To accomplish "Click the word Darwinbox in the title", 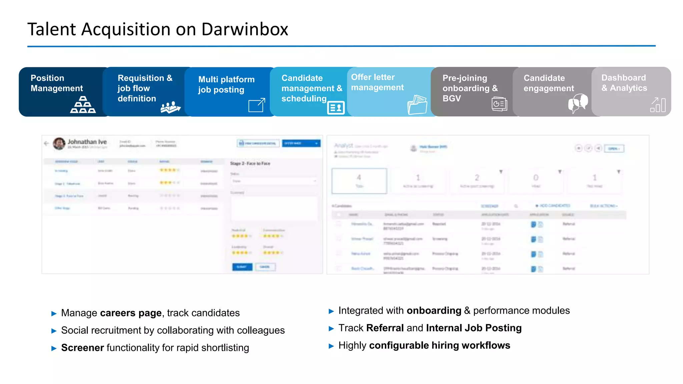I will [x=244, y=29].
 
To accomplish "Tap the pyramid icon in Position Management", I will [x=83, y=105].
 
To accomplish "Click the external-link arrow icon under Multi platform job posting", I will [x=257, y=105].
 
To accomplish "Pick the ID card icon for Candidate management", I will [x=335, y=108].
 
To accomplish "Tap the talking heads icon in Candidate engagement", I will [x=578, y=103].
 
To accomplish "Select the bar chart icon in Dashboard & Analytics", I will [x=658, y=105].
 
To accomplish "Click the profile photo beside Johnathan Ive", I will [x=59, y=144].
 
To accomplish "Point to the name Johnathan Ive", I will [x=87, y=142].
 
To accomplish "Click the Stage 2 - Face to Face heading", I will [x=250, y=163].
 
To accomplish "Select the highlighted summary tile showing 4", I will [x=359, y=181].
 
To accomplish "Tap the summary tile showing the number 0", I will [x=536, y=181].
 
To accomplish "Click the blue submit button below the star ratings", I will [x=242, y=267].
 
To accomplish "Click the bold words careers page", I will [x=131, y=313].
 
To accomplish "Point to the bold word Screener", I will [x=82, y=348].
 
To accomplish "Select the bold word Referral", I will [x=385, y=328].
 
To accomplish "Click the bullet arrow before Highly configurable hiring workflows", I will [x=331, y=346].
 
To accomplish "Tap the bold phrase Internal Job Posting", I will [x=474, y=328].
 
